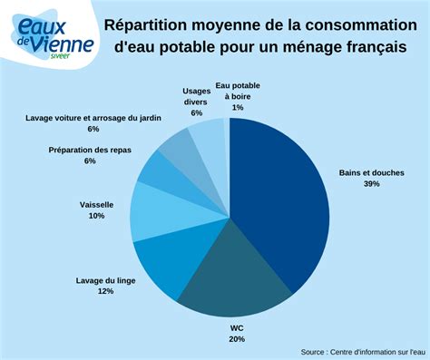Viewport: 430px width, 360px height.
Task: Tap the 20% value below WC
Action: (x=237, y=339)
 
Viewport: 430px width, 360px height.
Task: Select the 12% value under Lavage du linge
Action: (x=105, y=292)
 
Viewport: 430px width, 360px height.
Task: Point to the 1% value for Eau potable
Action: (x=238, y=108)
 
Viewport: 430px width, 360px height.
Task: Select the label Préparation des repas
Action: (x=90, y=150)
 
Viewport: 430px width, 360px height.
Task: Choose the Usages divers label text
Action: (x=196, y=96)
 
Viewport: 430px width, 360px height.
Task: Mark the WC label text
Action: (x=237, y=327)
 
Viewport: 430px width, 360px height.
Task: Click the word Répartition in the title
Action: (x=148, y=24)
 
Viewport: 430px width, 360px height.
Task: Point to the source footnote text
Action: (x=363, y=351)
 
